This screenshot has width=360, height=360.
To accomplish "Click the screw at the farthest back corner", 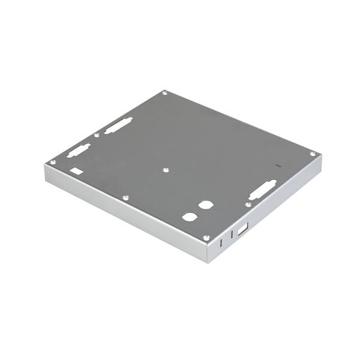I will [x=165, y=93].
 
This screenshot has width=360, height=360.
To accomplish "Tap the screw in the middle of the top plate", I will [x=166, y=170].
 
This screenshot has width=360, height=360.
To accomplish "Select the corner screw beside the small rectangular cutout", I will [x=53, y=162].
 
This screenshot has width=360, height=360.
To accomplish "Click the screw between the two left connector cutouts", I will [x=97, y=135].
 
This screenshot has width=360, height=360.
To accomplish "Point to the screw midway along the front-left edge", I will [x=125, y=197].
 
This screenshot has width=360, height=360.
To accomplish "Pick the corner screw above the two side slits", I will [x=206, y=238].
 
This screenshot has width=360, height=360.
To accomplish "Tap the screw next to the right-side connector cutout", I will [x=248, y=205].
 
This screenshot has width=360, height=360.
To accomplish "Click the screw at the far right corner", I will [x=313, y=154].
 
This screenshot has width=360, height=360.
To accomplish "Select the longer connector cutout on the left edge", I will [x=118, y=125].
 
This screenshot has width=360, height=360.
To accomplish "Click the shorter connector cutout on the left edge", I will [x=79, y=150].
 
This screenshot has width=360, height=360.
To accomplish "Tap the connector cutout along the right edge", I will [x=263, y=190].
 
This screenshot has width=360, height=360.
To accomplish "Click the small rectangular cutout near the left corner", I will [x=76, y=171].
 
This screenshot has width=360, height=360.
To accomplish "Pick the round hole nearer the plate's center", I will [x=206, y=205].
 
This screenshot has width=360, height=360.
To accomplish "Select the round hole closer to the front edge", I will [x=190, y=217].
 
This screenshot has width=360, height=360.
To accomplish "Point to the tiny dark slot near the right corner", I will [x=277, y=164].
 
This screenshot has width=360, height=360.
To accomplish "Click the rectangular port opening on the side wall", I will [x=242, y=229].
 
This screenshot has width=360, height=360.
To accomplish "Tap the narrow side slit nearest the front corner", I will [x=221, y=243].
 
